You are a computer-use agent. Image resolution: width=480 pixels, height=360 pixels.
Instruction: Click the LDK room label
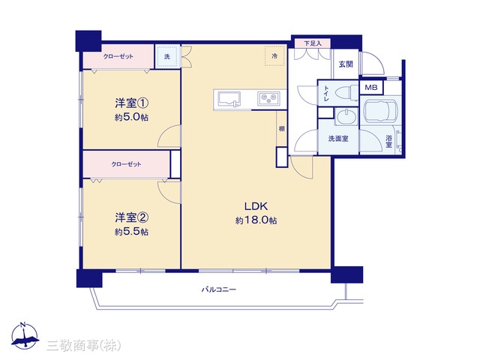(256, 206)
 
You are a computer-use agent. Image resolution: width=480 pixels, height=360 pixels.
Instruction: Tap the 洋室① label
(132, 103)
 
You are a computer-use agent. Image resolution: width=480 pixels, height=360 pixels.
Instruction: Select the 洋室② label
(132, 217)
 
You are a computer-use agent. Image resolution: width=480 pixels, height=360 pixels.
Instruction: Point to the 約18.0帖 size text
(256, 220)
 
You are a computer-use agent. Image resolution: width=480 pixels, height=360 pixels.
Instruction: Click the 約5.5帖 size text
(132, 232)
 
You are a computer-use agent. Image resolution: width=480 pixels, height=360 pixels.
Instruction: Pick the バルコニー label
(219, 289)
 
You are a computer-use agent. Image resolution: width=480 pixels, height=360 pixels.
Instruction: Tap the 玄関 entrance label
(346, 64)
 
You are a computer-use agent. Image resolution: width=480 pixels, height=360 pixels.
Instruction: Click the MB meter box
(371, 88)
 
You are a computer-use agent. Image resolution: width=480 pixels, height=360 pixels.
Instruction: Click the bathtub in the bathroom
(380, 109)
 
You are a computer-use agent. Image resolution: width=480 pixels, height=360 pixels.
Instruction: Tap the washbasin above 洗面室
(346, 117)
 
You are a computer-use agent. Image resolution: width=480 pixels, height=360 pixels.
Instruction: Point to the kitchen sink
(229, 99)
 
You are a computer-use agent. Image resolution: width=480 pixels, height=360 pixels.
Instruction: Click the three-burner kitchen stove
(268, 98)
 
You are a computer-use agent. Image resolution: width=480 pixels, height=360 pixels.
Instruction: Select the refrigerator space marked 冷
(275, 56)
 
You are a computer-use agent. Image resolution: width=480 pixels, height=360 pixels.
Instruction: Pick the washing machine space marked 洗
(167, 56)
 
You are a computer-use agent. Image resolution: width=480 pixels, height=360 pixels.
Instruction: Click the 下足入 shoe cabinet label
(313, 43)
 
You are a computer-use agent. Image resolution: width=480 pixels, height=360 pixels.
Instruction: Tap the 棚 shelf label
(281, 128)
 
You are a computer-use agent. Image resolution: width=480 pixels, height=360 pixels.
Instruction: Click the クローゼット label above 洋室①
(118, 56)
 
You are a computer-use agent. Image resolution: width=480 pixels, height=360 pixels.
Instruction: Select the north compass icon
(25, 336)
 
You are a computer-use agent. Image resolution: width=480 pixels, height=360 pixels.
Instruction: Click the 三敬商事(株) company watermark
(84, 346)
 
